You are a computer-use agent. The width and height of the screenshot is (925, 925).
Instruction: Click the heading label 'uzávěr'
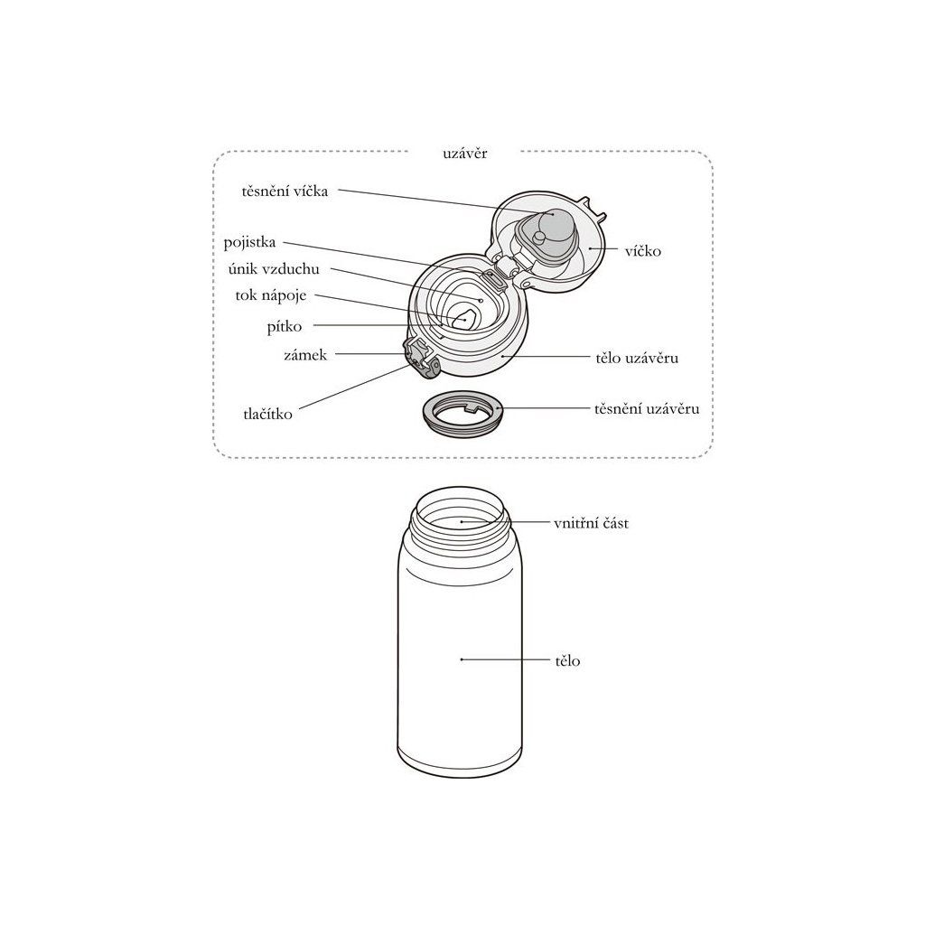pos(465,154)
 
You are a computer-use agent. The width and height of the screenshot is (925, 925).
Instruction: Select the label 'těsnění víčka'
pos(285,192)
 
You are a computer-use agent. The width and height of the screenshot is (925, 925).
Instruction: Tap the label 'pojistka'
pos(249,242)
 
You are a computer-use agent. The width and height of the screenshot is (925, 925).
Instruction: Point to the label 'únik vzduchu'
pos(274,269)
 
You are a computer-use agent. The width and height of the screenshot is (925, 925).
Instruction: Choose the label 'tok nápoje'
pos(271,295)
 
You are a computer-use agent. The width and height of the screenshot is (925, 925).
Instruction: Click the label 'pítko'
pos(285,327)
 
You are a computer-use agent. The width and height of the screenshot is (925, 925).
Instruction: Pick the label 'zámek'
pos(305,355)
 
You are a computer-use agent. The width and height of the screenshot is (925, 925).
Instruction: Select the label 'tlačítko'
pos(267,414)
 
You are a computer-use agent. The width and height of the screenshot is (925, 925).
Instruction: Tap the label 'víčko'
pos(643,251)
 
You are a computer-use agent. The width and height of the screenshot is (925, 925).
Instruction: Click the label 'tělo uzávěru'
pos(637,358)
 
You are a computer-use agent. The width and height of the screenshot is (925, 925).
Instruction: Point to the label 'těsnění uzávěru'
pos(647,408)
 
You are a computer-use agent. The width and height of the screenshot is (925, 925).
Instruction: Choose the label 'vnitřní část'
pos(591,523)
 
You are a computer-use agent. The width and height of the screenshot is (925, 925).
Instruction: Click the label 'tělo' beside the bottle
pos(567,660)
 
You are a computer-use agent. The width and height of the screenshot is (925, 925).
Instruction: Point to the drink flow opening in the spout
pos(463,319)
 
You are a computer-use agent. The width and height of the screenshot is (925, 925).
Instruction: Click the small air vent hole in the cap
pos(481,300)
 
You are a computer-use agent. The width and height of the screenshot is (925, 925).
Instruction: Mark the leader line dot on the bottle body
pos(462,659)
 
